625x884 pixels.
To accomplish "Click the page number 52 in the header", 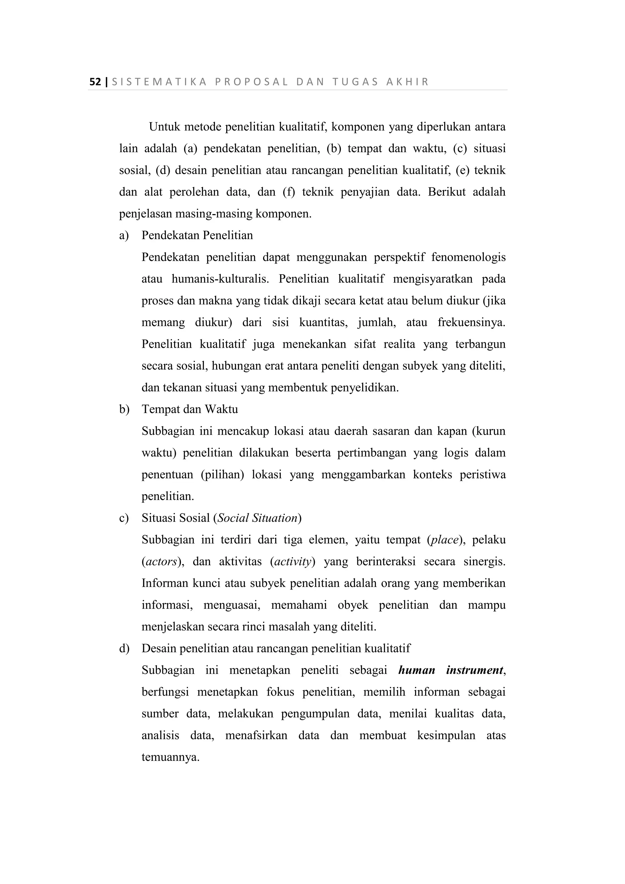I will tap(95, 82).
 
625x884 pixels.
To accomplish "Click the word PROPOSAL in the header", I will tap(251, 82).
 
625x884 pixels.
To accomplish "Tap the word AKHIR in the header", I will tap(407, 82).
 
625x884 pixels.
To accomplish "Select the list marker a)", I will tap(124, 235).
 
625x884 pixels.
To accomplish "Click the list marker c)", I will tap(124, 518).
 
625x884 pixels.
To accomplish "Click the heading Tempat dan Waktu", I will tap(190, 409).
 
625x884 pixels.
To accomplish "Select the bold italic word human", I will tap(417, 670).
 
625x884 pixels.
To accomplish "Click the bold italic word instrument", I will tap(475, 670).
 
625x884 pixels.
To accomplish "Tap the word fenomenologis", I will tap(468, 257).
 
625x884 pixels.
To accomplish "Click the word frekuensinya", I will tap(471, 322).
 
